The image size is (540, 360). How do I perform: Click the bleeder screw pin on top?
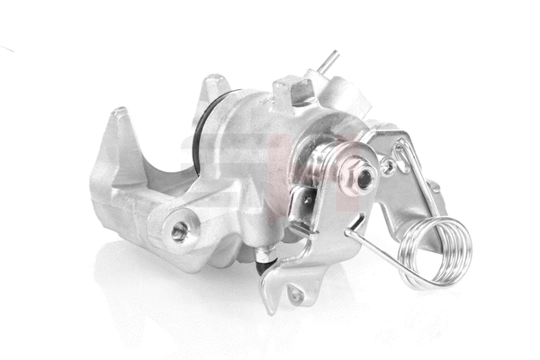(x=329, y=60)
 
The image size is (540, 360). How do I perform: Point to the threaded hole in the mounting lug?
(x=179, y=230)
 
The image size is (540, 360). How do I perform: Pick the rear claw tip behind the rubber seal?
(x=212, y=88)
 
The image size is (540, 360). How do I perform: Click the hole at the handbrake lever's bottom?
(x=295, y=293)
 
